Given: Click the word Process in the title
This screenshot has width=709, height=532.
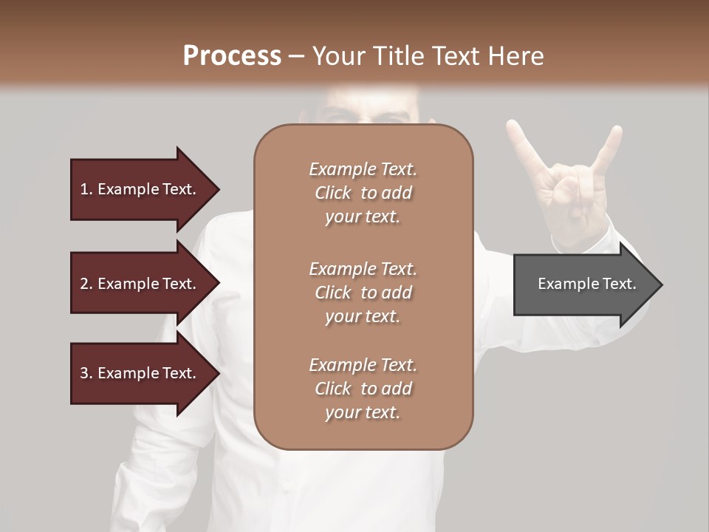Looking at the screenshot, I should (232, 56).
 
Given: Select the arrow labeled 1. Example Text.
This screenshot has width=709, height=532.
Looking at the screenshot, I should (140, 190).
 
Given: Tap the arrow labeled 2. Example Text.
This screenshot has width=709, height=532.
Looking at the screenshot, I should (140, 284).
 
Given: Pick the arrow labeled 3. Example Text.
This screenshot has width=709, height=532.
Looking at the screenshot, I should (140, 374).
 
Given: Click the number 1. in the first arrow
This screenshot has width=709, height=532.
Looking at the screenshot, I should (86, 190).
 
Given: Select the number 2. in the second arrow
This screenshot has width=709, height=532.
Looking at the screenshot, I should (86, 284).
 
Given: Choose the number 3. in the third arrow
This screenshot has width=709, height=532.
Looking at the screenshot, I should (86, 374).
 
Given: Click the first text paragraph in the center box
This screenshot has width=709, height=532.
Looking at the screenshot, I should (363, 193).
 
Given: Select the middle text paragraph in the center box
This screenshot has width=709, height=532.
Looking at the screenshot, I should (363, 293).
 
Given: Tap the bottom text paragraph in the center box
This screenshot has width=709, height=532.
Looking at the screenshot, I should (363, 389).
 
